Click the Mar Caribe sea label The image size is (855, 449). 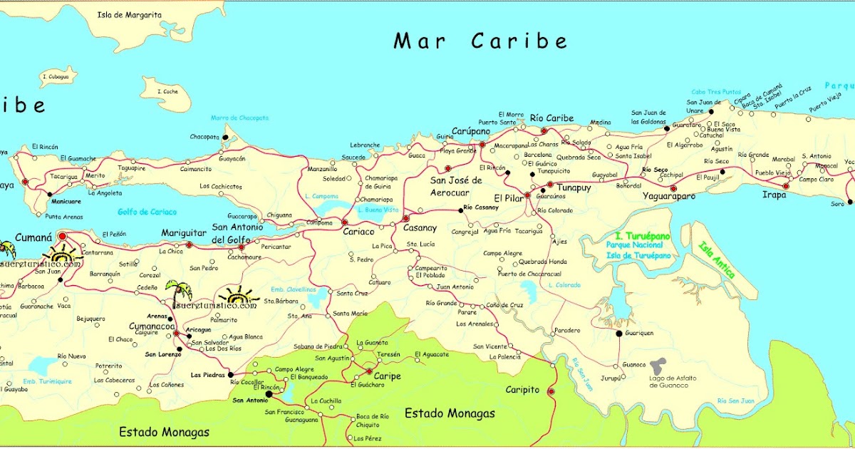pyautogui.click(x=481, y=41)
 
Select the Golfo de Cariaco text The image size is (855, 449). pyautogui.click(x=147, y=212)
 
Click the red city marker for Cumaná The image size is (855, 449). pyautogui.click(x=62, y=236)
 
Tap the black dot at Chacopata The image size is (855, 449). pyautogui.click(x=225, y=136)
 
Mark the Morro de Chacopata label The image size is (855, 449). pyautogui.click(x=239, y=118)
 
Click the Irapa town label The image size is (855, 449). pyautogui.click(x=774, y=195)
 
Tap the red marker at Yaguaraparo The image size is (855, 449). pyautogui.click(x=673, y=188)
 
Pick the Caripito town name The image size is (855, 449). pyautogui.click(x=523, y=391)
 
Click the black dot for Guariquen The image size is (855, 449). pyautogui.click(x=619, y=333)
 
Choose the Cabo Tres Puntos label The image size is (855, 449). pyautogui.click(x=715, y=92)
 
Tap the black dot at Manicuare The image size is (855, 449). pyautogui.click(x=48, y=193)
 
